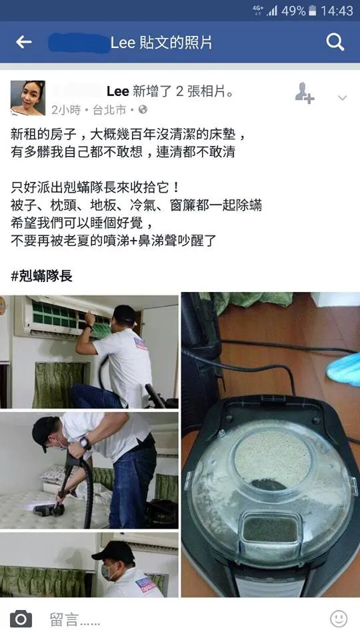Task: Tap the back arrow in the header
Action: point(24,43)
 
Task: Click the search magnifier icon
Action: point(335,43)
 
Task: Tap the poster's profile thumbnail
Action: point(28,98)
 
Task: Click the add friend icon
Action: point(304,94)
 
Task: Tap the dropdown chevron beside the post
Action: point(342,98)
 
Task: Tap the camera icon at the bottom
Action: point(21,619)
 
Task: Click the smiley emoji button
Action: point(339,619)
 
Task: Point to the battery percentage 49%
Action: point(293,11)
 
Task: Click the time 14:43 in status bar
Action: point(337,11)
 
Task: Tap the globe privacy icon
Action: point(143,109)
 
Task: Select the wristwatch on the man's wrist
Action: point(84,441)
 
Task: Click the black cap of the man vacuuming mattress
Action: point(45,427)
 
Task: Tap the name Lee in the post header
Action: point(118,91)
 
